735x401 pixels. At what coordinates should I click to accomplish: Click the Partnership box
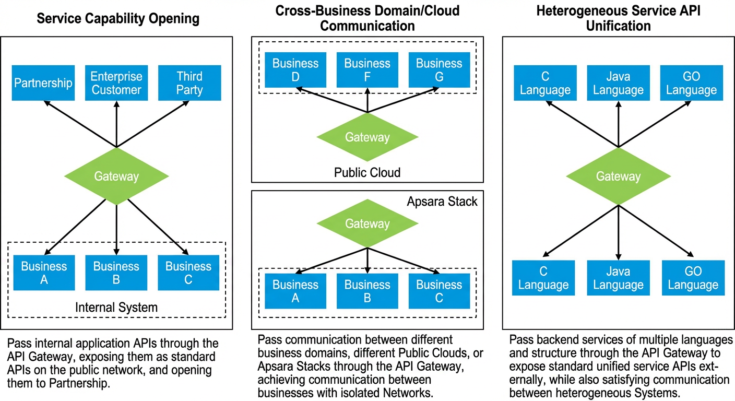[x=43, y=82]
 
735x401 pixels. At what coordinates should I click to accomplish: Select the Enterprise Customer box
[x=116, y=82]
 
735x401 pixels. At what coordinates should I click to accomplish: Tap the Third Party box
[x=189, y=82]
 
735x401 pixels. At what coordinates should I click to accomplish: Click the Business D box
[x=295, y=70]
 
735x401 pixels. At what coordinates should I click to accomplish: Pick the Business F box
[x=367, y=70]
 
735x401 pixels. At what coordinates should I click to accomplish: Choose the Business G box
[x=440, y=70]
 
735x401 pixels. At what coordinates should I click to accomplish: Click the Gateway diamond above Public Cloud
[x=367, y=137]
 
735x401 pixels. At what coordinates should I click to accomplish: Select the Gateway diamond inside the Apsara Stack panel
[x=367, y=223]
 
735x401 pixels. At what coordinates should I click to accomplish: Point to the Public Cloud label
[x=367, y=173]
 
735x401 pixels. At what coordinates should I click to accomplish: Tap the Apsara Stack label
[x=442, y=202]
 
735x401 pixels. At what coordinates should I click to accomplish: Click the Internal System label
[x=116, y=308]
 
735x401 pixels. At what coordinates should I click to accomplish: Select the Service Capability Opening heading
[x=118, y=18]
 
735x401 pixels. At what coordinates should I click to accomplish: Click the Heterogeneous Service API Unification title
[x=619, y=18]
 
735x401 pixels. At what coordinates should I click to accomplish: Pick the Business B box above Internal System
[x=116, y=273]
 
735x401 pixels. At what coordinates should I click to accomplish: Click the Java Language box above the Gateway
[x=619, y=82]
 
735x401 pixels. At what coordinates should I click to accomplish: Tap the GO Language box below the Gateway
[x=693, y=278]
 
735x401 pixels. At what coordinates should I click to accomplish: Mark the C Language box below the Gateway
[x=543, y=278]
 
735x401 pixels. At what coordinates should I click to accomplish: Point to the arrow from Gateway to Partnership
[x=80, y=124]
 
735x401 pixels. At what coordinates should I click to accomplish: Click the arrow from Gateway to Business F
[x=367, y=100]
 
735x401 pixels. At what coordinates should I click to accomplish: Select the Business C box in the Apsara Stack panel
[x=440, y=291]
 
